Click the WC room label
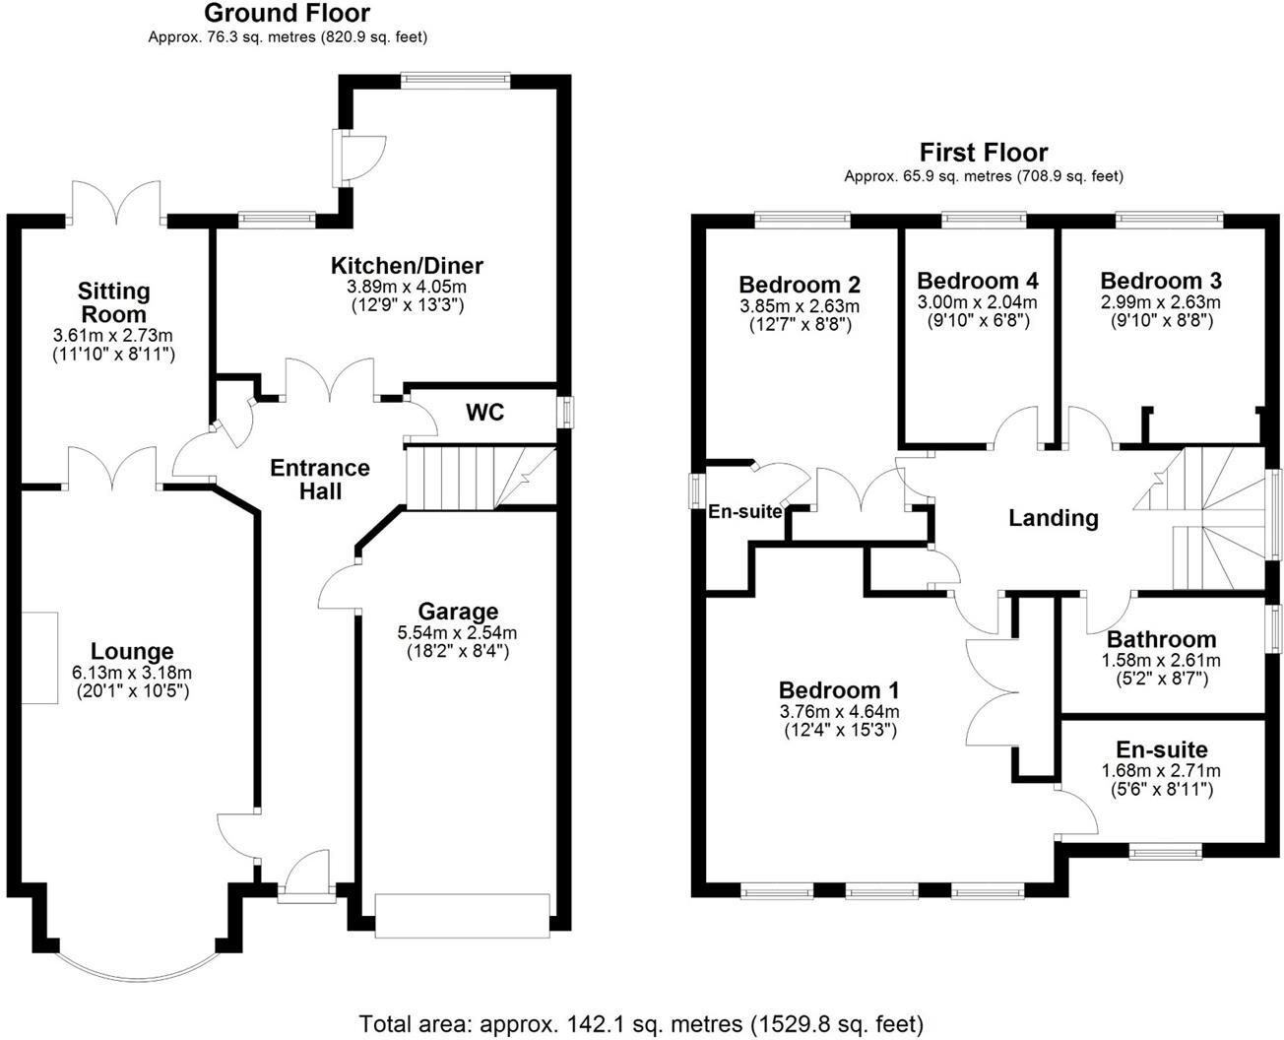(x=484, y=413)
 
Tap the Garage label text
(x=458, y=612)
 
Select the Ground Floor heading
(x=288, y=14)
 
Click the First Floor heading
(x=983, y=153)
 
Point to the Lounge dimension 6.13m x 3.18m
(x=133, y=673)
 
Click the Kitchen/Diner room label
(x=407, y=265)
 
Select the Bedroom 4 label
(x=977, y=281)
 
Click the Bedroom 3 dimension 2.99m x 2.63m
(x=1160, y=302)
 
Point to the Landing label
(x=1053, y=517)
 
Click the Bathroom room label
(x=1161, y=639)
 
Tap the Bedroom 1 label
(x=838, y=689)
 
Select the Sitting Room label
(x=114, y=302)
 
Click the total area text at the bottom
(x=641, y=1022)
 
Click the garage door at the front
(x=462, y=908)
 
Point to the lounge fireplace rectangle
(x=40, y=657)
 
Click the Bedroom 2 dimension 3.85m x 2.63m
(x=800, y=307)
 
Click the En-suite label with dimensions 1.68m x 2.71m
(x=1161, y=749)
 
